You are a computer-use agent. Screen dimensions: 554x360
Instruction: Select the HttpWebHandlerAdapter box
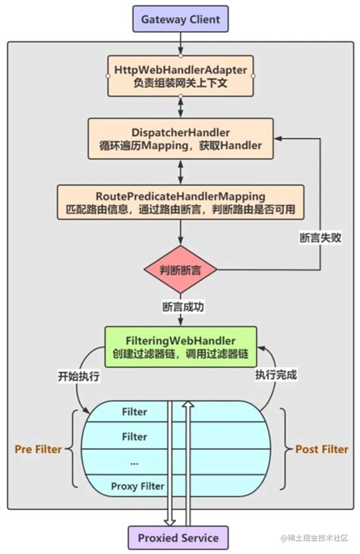[x=180, y=74]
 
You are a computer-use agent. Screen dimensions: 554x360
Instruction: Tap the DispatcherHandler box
[x=180, y=138]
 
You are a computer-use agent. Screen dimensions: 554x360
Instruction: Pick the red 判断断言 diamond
[x=180, y=269]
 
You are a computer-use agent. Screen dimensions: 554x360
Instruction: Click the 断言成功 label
[x=182, y=307]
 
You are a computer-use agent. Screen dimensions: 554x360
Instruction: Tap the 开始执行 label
[x=78, y=376]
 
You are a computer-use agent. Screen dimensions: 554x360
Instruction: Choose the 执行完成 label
[x=276, y=375]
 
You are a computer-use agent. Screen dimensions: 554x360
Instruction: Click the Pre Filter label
[x=38, y=449]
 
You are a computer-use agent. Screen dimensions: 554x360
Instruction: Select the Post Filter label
[x=321, y=449]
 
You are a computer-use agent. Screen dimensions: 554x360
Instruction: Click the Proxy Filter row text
[x=137, y=486]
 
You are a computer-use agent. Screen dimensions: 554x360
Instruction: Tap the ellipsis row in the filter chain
[x=134, y=461]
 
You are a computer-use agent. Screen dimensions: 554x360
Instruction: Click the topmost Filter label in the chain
[x=134, y=412]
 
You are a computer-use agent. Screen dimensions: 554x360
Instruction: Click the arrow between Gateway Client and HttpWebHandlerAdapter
[x=180, y=43]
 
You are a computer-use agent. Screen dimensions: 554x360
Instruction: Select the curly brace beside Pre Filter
[x=74, y=449]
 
